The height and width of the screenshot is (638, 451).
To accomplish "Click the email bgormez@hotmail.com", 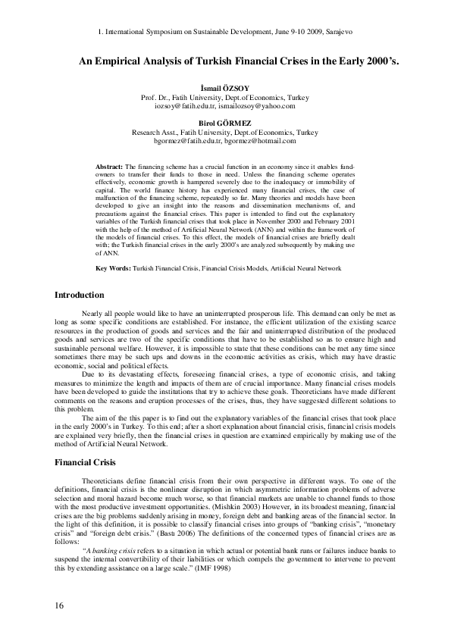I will pyautogui.click(x=255, y=141).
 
